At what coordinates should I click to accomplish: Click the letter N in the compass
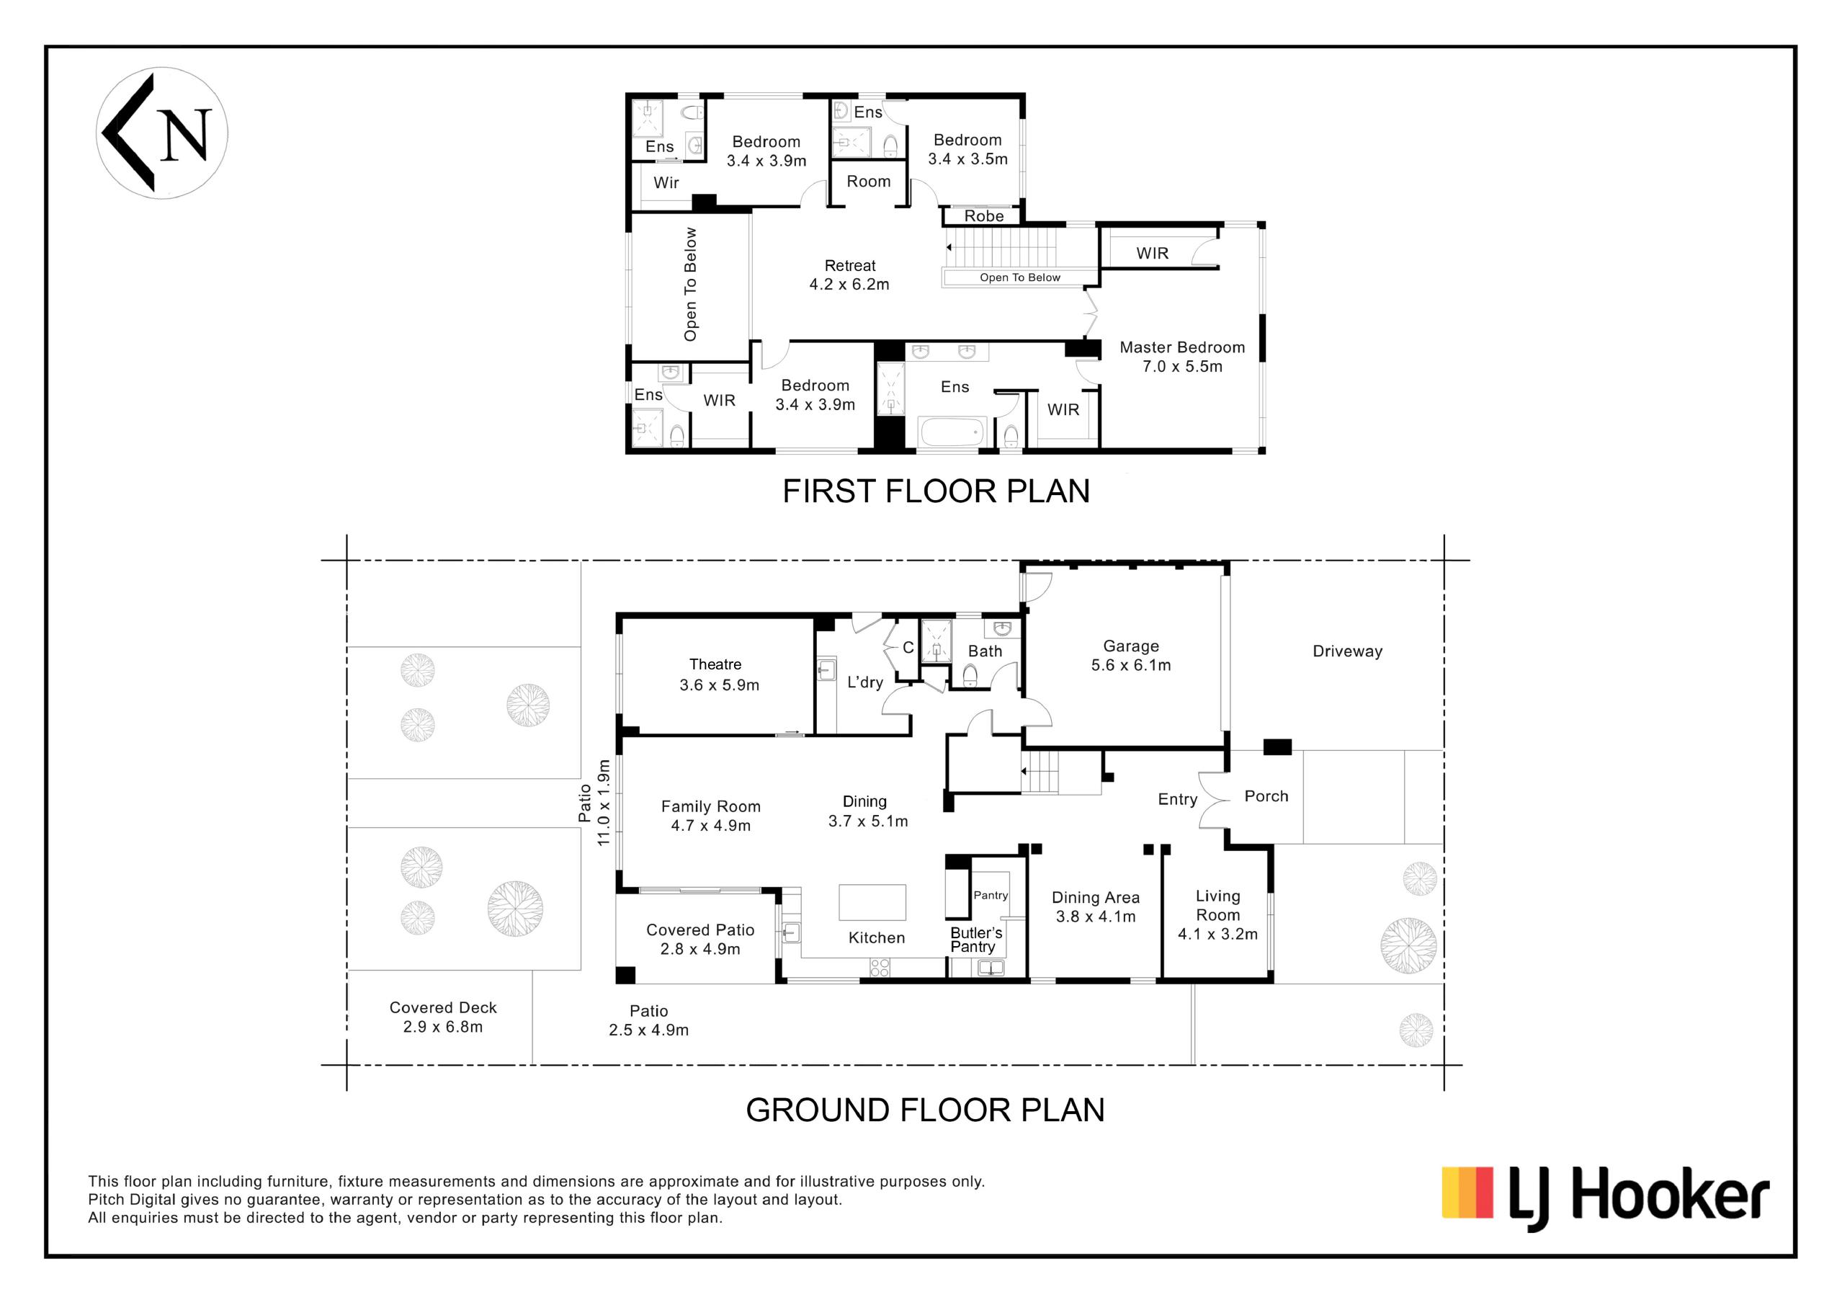pyautogui.click(x=185, y=135)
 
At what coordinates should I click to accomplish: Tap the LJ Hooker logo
pyautogui.click(x=1605, y=1198)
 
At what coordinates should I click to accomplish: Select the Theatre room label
pyautogui.click(x=715, y=664)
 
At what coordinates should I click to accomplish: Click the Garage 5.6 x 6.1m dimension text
pyautogui.click(x=1130, y=665)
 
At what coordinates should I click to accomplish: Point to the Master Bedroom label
pyautogui.click(x=1181, y=347)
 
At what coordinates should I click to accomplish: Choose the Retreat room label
pyautogui.click(x=849, y=266)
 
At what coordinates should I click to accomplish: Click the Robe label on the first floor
pyautogui.click(x=983, y=216)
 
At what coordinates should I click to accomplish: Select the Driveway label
pyautogui.click(x=1347, y=651)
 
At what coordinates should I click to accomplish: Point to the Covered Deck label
pyautogui.click(x=442, y=1007)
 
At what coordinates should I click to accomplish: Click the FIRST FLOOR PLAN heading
pyautogui.click(x=936, y=491)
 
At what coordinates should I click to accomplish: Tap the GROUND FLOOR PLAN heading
pyautogui.click(x=925, y=1110)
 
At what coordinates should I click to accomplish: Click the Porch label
pyautogui.click(x=1266, y=796)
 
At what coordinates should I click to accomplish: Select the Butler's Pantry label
pyautogui.click(x=975, y=940)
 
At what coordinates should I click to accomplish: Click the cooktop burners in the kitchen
pyautogui.click(x=880, y=968)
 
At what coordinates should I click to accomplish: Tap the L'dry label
pyautogui.click(x=865, y=682)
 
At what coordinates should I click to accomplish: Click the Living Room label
pyautogui.click(x=1217, y=906)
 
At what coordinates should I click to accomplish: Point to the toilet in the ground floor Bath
pyautogui.click(x=970, y=677)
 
